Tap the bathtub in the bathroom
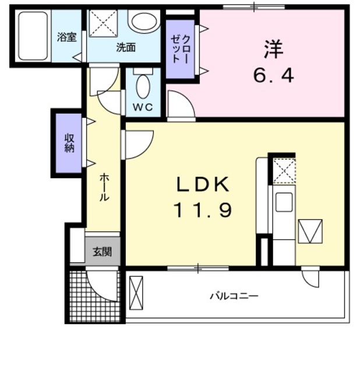pyautogui.click(x=33, y=36)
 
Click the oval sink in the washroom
pyautogui.click(x=143, y=22)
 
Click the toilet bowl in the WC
pyautogui.click(x=143, y=86)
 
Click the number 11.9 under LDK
pyautogui.click(x=203, y=209)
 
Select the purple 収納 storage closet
pyautogui.click(x=69, y=143)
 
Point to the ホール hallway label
pyautogui.click(x=103, y=186)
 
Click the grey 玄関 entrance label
pyautogui.click(x=103, y=252)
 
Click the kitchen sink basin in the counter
pyautogui.click(x=284, y=202)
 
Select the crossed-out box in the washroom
pyautogui.click(x=103, y=23)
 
